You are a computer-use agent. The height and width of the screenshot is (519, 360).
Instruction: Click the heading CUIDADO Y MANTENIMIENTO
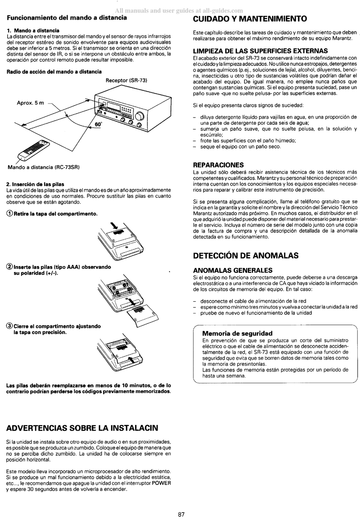[250, 19]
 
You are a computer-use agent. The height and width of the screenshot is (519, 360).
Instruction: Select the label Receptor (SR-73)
[127, 80]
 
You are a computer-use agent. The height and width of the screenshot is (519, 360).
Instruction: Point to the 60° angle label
[98, 124]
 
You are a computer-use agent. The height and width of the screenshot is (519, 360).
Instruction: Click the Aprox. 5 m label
[30, 103]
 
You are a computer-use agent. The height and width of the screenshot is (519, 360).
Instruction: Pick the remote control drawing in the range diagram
[34, 151]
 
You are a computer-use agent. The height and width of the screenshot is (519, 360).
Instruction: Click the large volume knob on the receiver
[140, 116]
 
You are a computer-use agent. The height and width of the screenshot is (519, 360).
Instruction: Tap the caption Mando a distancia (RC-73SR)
[44, 167]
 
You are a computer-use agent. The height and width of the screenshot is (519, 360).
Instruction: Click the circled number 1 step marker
[10, 213]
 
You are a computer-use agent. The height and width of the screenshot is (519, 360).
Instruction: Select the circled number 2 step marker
[10, 267]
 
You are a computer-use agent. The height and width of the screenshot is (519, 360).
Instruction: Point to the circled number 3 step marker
[10, 326]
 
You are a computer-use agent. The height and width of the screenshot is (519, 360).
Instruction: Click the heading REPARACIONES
[218, 165]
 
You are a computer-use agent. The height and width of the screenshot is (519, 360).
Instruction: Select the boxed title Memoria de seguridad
[237, 333]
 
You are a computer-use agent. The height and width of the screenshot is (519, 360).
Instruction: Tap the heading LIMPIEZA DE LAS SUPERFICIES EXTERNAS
[261, 51]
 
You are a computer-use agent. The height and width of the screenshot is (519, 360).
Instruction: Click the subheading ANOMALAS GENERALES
[233, 270]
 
